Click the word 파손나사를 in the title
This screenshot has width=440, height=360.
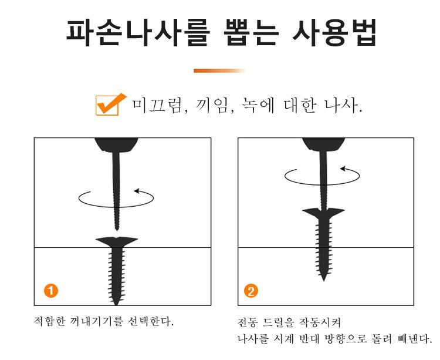tap(138, 32)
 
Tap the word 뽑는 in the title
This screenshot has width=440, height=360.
tap(252, 32)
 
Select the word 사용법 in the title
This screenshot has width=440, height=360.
tap(334, 32)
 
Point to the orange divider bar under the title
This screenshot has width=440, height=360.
tap(220, 70)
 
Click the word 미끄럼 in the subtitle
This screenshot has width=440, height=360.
tap(159, 106)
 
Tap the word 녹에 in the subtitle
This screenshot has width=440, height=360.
tap(258, 106)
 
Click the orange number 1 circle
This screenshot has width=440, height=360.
tap(51, 290)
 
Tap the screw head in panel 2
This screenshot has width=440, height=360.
tap(323, 213)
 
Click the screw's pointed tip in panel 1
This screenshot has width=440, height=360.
tap(116, 304)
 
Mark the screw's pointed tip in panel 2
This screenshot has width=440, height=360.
tap(324, 280)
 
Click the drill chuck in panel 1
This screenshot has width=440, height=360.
tap(116, 145)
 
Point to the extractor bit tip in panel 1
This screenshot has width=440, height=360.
tap(117, 230)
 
